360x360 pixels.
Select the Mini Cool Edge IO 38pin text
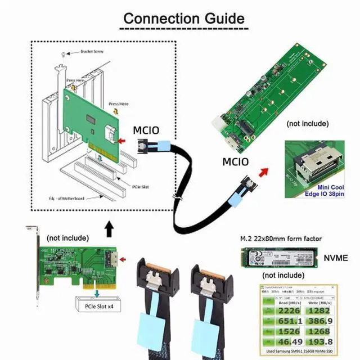[322, 190]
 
